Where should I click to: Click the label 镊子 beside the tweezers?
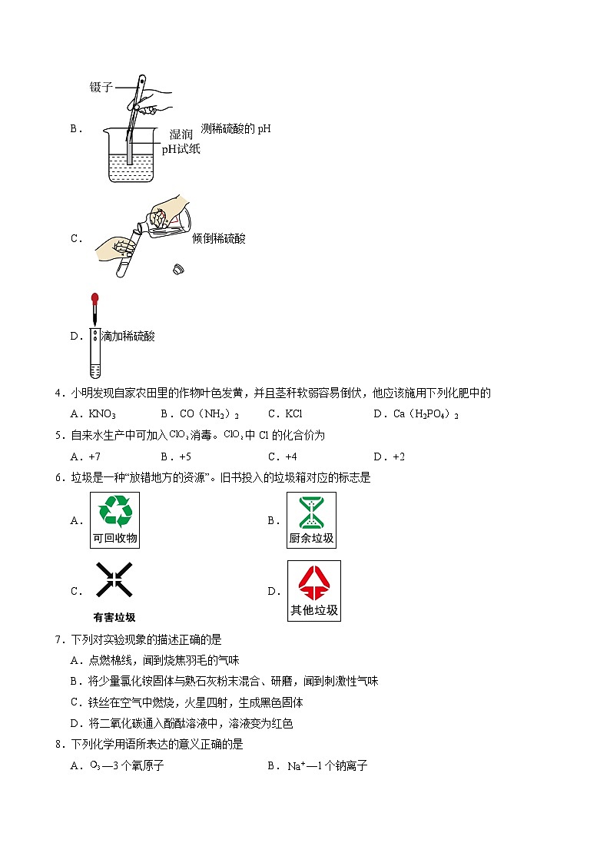tap(101, 88)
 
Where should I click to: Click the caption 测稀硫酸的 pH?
tap(235, 128)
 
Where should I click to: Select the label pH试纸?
tap(181, 149)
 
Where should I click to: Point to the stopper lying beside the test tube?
tap(178, 270)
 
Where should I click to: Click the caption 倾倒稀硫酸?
tap(219, 238)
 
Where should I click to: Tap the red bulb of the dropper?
tap(95, 297)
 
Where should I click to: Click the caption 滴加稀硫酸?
tap(128, 336)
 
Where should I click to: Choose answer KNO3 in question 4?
tap(103, 414)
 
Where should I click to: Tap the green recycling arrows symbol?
tap(114, 510)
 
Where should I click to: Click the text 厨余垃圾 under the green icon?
tap(311, 539)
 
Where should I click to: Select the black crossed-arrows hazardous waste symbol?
tap(114, 580)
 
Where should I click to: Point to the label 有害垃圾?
tap(114, 617)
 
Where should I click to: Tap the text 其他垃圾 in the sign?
tap(313, 611)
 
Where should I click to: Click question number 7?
tap(59, 639)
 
